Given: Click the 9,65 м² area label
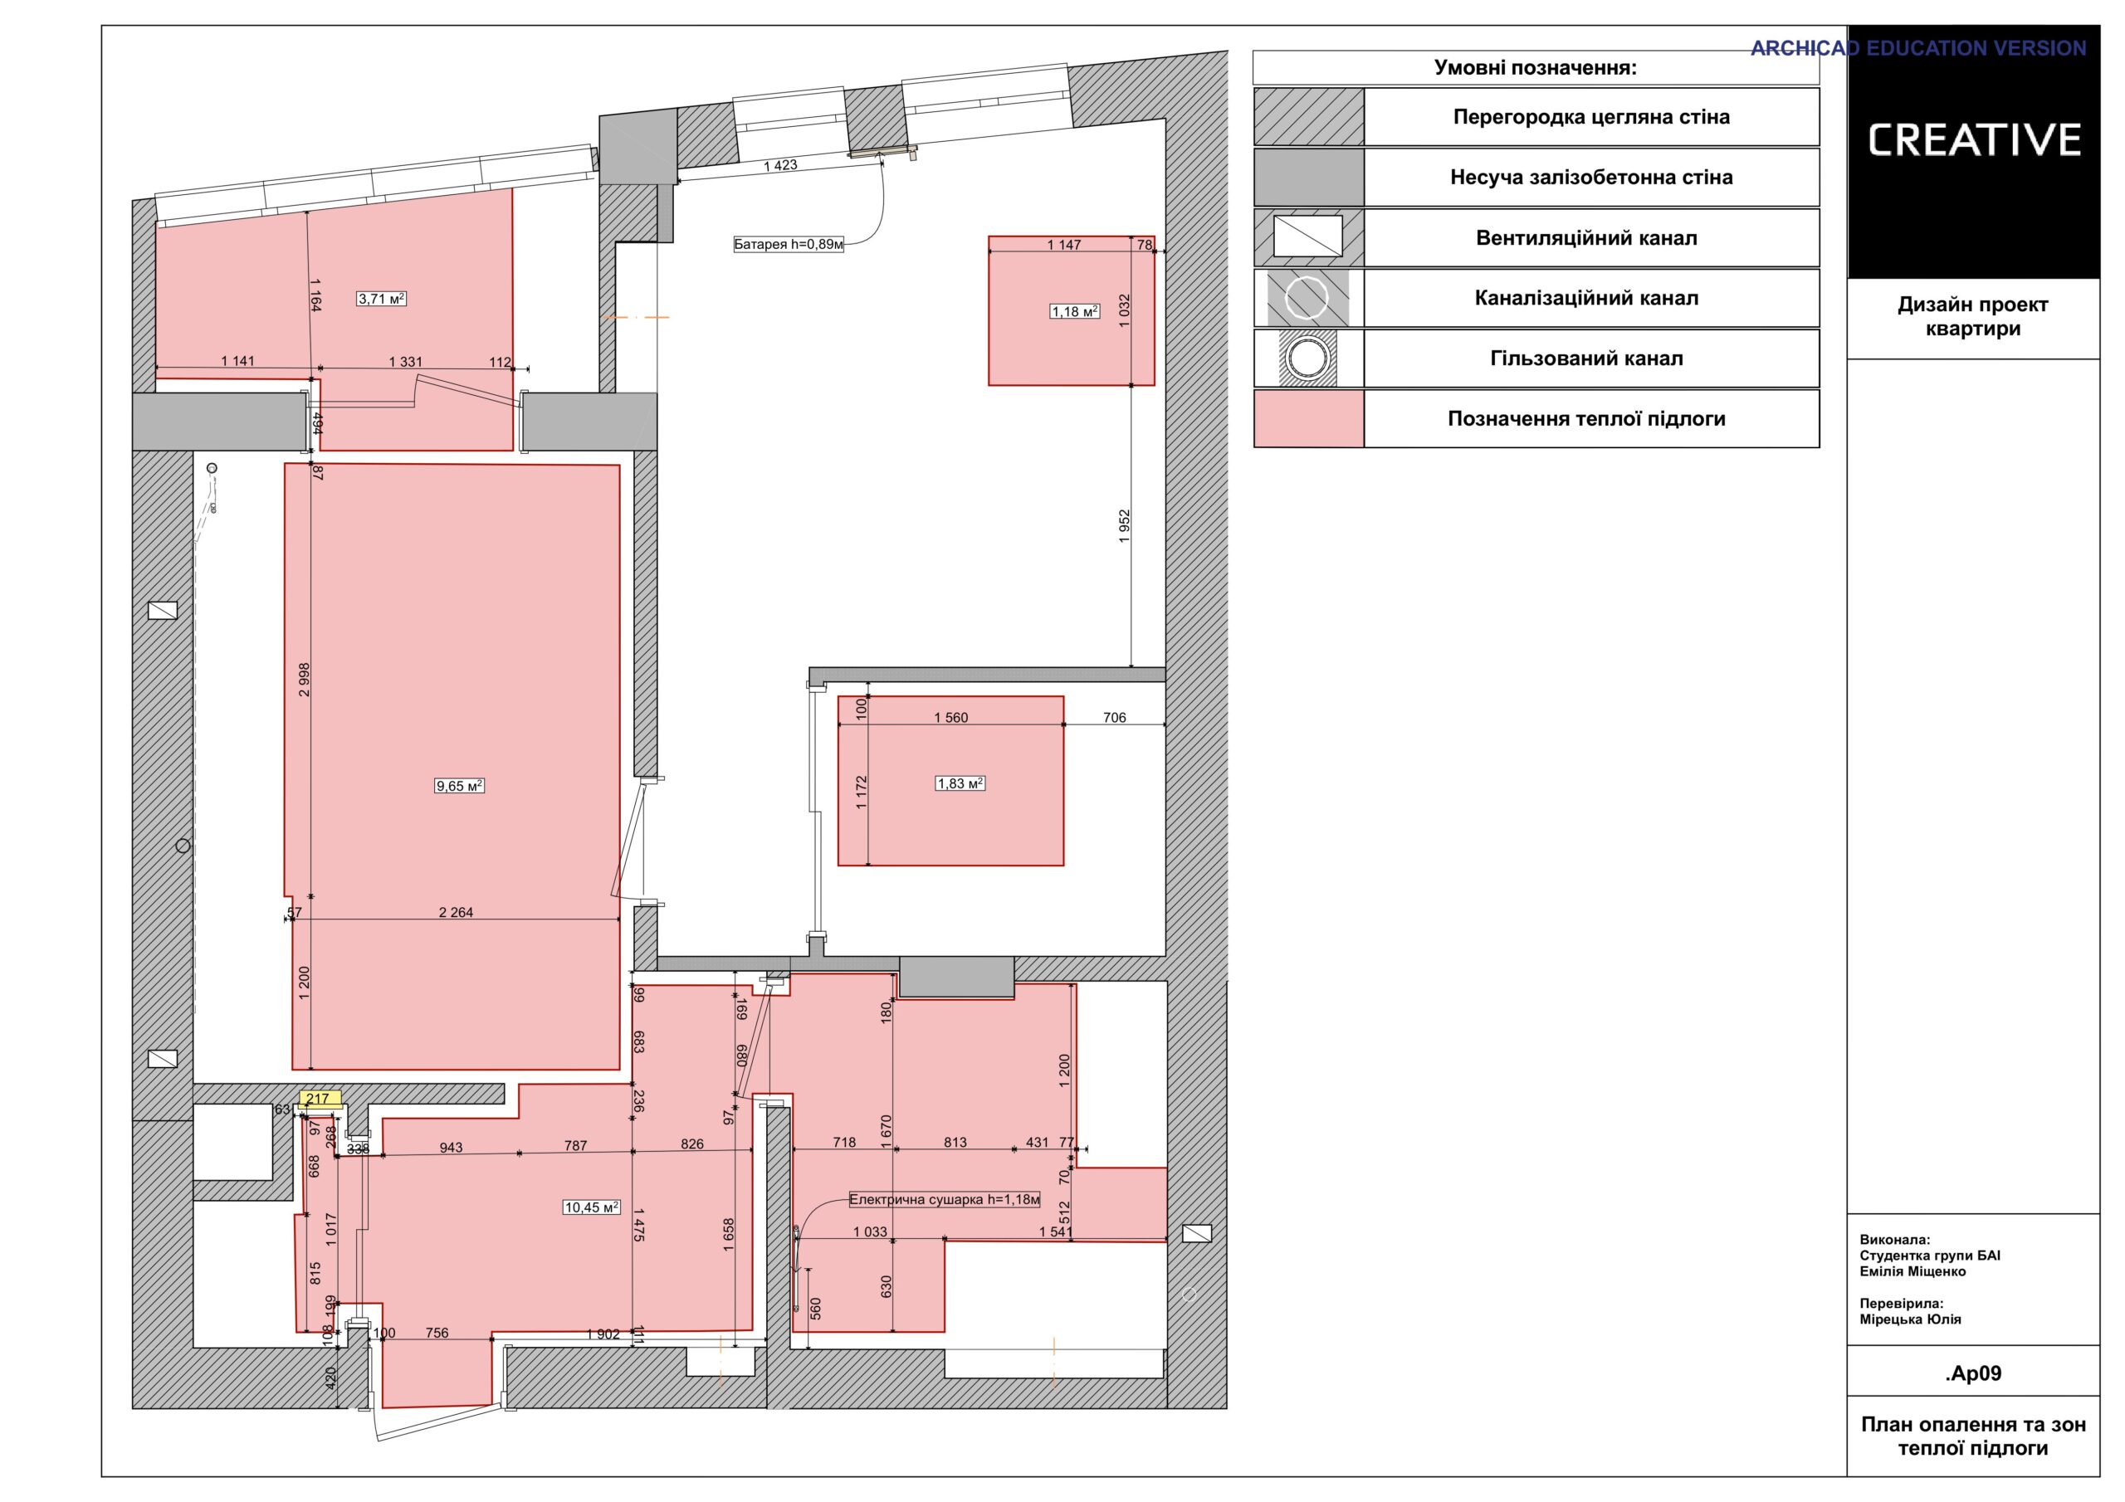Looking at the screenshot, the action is pyautogui.click(x=460, y=786).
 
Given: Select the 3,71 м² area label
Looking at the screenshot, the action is pyautogui.click(x=382, y=299).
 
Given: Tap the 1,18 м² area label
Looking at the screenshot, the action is pyautogui.click(x=1074, y=312).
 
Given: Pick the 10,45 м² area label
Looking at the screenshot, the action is pyautogui.click(x=591, y=1207).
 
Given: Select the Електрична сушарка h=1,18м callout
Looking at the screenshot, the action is pyautogui.click(x=945, y=1200).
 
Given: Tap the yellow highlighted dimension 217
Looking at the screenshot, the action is pyautogui.click(x=317, y=1100).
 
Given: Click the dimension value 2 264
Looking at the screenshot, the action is pyautogui.click(x=456, y=913).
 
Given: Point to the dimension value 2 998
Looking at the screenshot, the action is pyautogui.click(x=305, y=680).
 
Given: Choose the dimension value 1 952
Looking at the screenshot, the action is pyautogui.click(x=1125, y=525).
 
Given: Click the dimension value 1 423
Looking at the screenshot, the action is pyautogui.click(x=780, y=166).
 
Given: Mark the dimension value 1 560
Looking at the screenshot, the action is pyautogui.click(x=951, y=717).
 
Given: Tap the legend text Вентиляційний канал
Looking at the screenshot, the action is pyautogui.click(x=1586, y=238).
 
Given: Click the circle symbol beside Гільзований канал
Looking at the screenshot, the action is pyautogui.click(x=1307, y=358).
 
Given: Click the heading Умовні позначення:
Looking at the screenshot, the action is pyautogui.click(x=1536, y=67).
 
